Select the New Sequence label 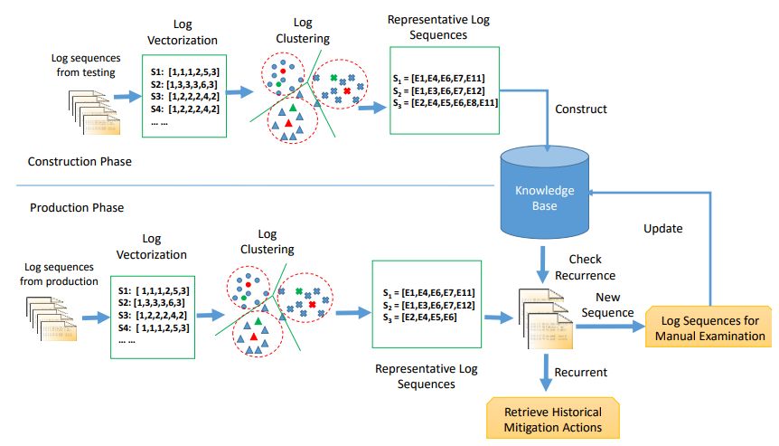pos(606,306)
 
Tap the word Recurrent pos(579,372)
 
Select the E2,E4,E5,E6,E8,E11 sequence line pos(446,103)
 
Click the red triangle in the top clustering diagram pos(287,122)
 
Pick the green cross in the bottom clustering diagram pos(299,290)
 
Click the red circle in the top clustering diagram pos(283,70)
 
